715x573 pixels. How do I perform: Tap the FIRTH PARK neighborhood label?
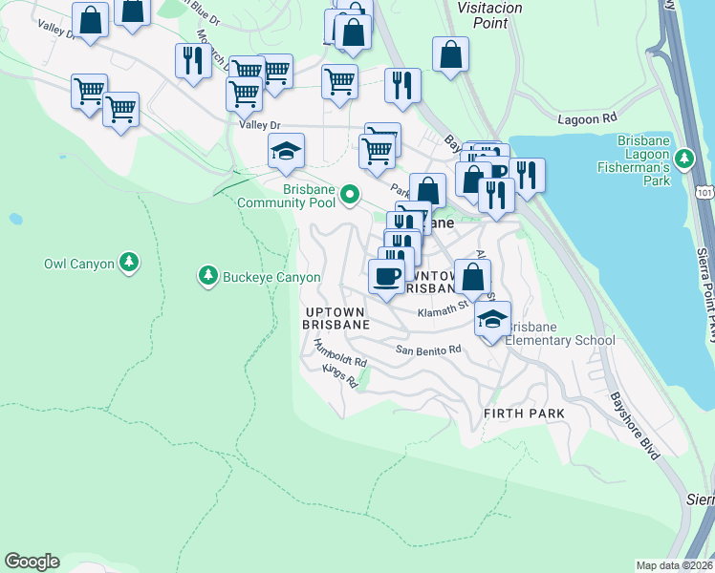[x=524, y=414]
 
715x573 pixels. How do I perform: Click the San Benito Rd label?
[x=428, y=350]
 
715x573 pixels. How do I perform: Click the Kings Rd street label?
[x=338, y=376]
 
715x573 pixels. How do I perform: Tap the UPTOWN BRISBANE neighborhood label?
[x=336, y=319]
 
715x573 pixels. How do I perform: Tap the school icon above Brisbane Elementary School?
[x=492, y=317]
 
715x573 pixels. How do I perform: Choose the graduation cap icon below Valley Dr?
[x=286, y=149]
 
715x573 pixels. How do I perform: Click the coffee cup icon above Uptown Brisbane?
[x=386, y=276]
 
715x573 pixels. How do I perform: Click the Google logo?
[x=32, y=562]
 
